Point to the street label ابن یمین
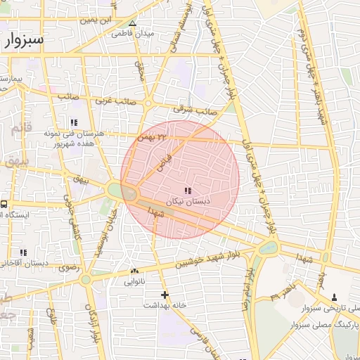point(96,20)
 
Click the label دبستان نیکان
point(187,201)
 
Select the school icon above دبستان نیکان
point(187,191)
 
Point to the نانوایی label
point(134,282)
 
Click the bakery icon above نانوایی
point(134,271)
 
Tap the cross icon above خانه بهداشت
point(165,295)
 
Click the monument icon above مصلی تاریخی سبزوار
point(334,297)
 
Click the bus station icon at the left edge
point(4,204)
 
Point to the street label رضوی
point(68,267)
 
